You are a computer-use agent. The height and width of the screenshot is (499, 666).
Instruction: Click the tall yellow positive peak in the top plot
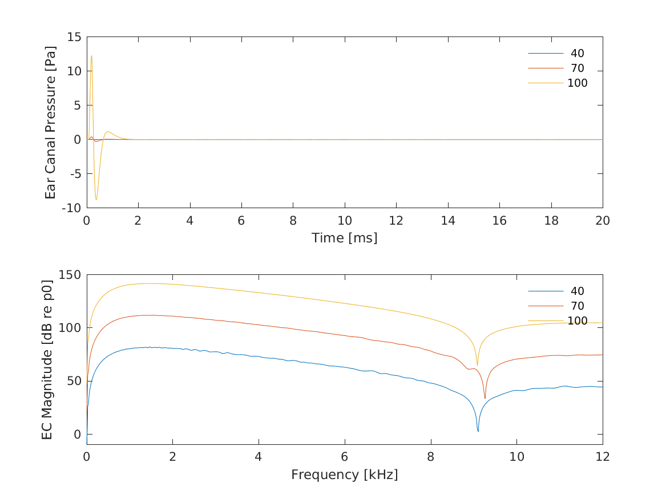click(91, 56)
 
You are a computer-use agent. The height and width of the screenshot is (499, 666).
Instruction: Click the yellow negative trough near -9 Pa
click(96, 200)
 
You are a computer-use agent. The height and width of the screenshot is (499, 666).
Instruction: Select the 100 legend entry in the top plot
click(577, 83)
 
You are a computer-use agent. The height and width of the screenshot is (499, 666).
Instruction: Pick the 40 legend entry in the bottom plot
click(577, 291)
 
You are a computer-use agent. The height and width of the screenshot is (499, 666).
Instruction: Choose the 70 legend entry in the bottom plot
click(577, 306)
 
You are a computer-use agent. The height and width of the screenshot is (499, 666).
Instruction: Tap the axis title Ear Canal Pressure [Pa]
click(51, 122)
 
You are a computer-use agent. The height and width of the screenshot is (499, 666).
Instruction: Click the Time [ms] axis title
click(344, 238)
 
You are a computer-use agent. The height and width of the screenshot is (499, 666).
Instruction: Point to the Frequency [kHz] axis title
click(344, 474)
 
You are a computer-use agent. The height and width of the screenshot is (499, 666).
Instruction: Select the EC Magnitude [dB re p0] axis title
click(47, 359)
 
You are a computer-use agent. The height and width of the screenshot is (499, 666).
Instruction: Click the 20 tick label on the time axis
click(603, 221)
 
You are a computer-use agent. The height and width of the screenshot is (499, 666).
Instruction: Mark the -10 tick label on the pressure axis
click(72, 208)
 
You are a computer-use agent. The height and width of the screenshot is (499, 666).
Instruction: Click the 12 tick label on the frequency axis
click(603, 457)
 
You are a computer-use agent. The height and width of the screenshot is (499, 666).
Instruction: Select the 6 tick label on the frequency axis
click(344, 457)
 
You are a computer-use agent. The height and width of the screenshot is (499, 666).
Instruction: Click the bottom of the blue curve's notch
click(478, 431)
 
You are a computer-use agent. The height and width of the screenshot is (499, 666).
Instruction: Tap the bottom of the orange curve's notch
click(485, 398)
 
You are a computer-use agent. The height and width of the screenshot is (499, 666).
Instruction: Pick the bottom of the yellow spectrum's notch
click(477, 365)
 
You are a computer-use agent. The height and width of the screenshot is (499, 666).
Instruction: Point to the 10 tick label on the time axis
click(344, 221)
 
